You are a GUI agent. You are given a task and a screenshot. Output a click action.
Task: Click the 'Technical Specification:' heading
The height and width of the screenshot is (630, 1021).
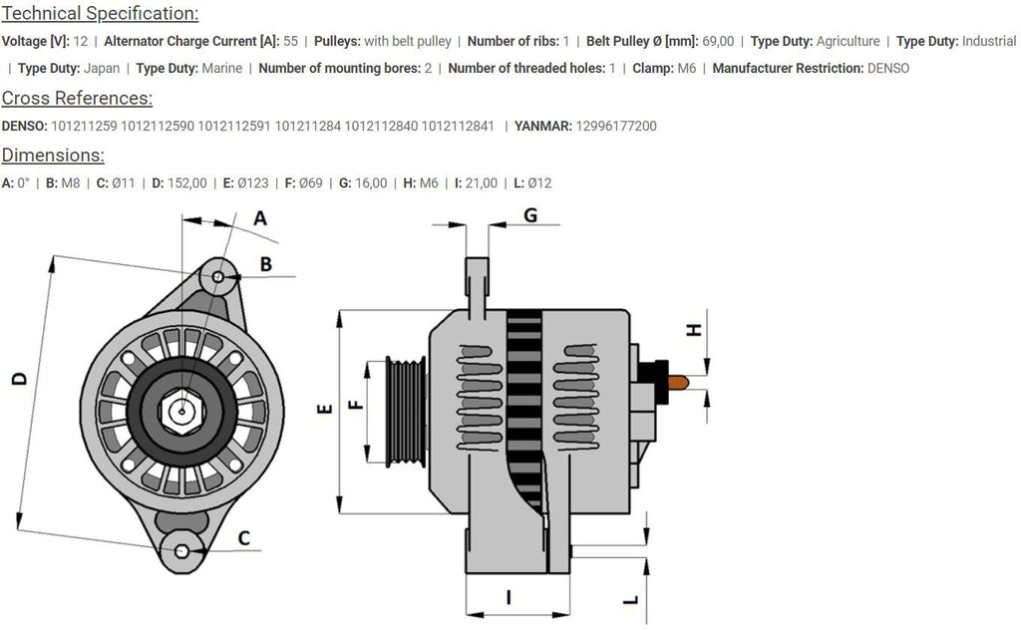(100, 14)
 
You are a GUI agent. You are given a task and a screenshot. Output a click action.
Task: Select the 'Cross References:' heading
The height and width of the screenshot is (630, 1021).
(77, 98)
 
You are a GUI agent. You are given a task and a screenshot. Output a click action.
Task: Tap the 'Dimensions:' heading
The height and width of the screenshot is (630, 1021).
(53, 156)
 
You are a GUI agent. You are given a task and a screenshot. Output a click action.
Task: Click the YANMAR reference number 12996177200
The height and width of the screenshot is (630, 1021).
(616, 127)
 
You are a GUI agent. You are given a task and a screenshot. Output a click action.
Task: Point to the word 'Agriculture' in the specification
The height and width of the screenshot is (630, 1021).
(848, 42)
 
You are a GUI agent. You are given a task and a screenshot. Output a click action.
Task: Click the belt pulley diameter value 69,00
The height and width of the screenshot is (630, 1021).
(718, 42)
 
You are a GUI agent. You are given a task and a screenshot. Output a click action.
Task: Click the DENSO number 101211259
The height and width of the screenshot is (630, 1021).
(84, 127)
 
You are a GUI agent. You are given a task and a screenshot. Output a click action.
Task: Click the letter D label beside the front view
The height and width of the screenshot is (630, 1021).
(17, 379)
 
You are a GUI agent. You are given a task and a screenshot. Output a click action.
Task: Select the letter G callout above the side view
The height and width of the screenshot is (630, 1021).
(530, 215)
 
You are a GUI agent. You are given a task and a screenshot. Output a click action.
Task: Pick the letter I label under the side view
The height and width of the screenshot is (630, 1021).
(509, 597)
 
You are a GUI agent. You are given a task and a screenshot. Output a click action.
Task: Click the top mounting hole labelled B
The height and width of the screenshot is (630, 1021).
(220, 274)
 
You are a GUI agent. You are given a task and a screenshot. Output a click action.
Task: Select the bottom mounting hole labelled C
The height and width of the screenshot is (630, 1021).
(182, 551)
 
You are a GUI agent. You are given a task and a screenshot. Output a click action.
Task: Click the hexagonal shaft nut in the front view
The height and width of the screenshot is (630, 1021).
(181, 408)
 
